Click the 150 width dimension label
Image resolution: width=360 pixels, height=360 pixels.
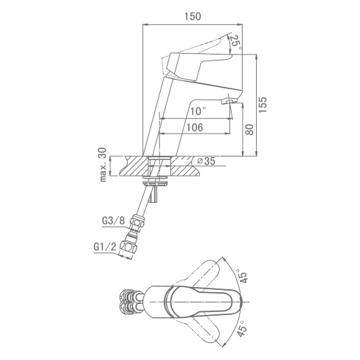(193, 16)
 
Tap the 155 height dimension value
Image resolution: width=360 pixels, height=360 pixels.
(263, 105)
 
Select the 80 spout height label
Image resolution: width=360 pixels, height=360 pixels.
(249, 130)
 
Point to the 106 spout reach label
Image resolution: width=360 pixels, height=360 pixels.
(195, 128)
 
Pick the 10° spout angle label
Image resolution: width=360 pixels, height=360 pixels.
(198, 111)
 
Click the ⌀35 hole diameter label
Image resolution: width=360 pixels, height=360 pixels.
(207, 161)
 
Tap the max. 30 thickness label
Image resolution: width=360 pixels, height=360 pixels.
(103, 165)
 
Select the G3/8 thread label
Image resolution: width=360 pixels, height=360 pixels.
(114, 221)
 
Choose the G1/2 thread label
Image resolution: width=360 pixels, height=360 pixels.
(105, 246)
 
